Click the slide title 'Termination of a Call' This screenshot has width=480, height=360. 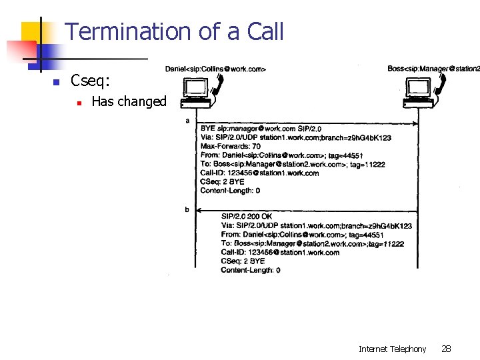[175, 31]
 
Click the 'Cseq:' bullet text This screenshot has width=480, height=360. [91, 81]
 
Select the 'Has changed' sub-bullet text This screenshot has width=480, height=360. [129, 101]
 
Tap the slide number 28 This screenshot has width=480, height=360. [447, 349]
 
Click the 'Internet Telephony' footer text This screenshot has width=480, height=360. [392, 349]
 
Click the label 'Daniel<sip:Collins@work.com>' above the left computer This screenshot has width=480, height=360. [215, 69]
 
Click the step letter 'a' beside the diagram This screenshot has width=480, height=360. [187, 121]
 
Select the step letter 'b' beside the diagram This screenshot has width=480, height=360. [187, 209]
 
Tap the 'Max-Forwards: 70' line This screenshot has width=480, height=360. [231, 146]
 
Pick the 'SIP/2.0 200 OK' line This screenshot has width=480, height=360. [247, 217]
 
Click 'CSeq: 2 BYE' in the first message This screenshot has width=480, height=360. [223, 181]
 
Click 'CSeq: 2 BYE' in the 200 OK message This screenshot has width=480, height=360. [243, 261]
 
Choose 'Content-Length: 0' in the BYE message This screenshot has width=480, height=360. [231, 191]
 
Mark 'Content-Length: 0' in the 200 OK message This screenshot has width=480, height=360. [251, 270]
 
